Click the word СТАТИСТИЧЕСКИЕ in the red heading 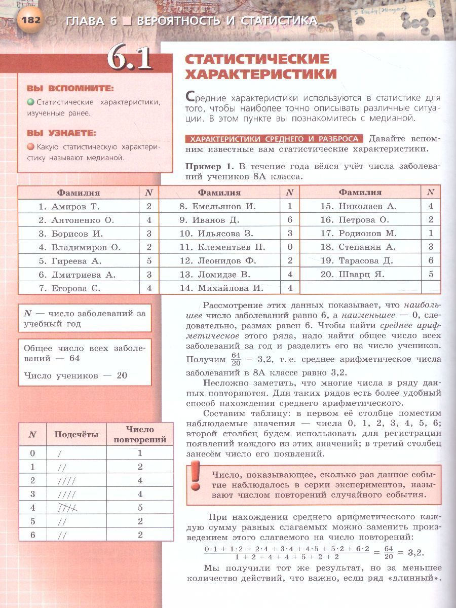[257, 59]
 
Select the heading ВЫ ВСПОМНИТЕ [70, 88]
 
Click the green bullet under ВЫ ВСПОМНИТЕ [31, 102]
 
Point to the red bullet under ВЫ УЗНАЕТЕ [31, 147]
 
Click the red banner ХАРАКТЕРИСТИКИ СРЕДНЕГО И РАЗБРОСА [274, 139]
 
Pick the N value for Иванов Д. [290, 220]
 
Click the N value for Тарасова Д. [431, 260]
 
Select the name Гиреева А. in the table [70, 261]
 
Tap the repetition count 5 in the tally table [140, 507]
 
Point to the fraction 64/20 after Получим [236, 359]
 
